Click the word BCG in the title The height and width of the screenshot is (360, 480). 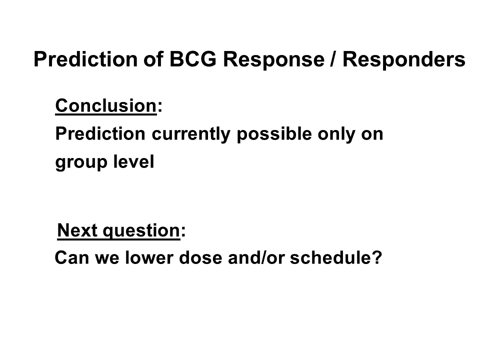[x=193, y=59]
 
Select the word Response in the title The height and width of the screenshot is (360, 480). [x=273, y=59]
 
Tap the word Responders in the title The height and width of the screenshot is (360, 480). [x=404, y=59]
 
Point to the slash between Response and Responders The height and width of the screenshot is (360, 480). [x=333, y=59]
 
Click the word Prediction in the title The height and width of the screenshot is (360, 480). [x=85, y=59]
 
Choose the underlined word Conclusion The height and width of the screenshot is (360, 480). [x=106, y=105]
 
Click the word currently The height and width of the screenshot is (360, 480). [x=191, y=134]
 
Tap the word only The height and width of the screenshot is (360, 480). [x=336, y=134]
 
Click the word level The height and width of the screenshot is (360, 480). [x=134, y=161]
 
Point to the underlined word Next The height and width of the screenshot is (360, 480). [x=77, y=230]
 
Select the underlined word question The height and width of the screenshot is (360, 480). [x=141, y=231]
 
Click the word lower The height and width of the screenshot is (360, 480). [x=149, y=257]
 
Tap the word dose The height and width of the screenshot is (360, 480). [x=200, y=257]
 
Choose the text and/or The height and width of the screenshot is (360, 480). [x=256, y=257]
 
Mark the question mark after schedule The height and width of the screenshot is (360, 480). [x=377, y=257]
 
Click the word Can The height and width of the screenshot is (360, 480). [x=71, y=257]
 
